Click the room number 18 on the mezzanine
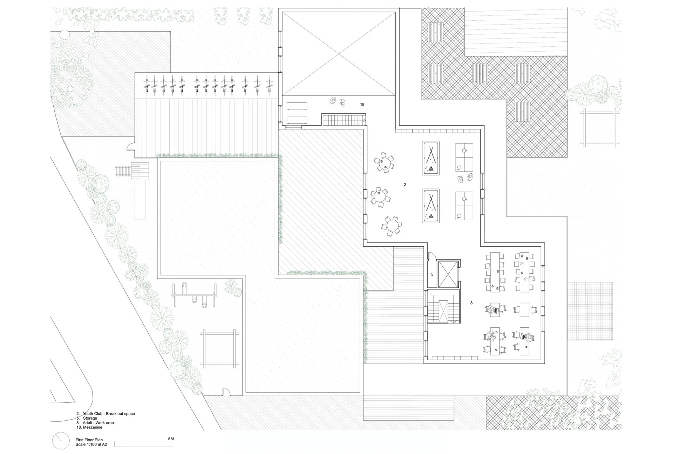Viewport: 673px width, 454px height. (x=362, y=105)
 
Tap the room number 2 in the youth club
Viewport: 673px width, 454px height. (x=405, y=185)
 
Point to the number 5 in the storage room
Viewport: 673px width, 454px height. (x=432, y=274)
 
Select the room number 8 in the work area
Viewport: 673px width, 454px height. (x=471, y=303)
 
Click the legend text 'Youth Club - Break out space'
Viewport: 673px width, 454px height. (x=109, y=414)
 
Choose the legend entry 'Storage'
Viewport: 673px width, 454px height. (x=90, y=418)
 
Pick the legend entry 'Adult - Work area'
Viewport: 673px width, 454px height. (x=98, y=423)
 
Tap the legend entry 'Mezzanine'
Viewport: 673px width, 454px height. (x=93, y=427)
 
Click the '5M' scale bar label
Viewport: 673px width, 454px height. (x=171, y=439)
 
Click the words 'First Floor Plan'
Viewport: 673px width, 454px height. (x=89, y=440)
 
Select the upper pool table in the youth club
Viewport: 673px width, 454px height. (x=431, y=158)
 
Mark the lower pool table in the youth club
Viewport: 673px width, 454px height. (x=431, y=206)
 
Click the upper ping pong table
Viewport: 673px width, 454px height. (x=464, y=157)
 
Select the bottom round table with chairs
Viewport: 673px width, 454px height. (x=392, y=226)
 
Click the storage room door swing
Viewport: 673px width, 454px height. (x=431, y=257)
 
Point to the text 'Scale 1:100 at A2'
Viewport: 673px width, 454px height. (x=91, y=445)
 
